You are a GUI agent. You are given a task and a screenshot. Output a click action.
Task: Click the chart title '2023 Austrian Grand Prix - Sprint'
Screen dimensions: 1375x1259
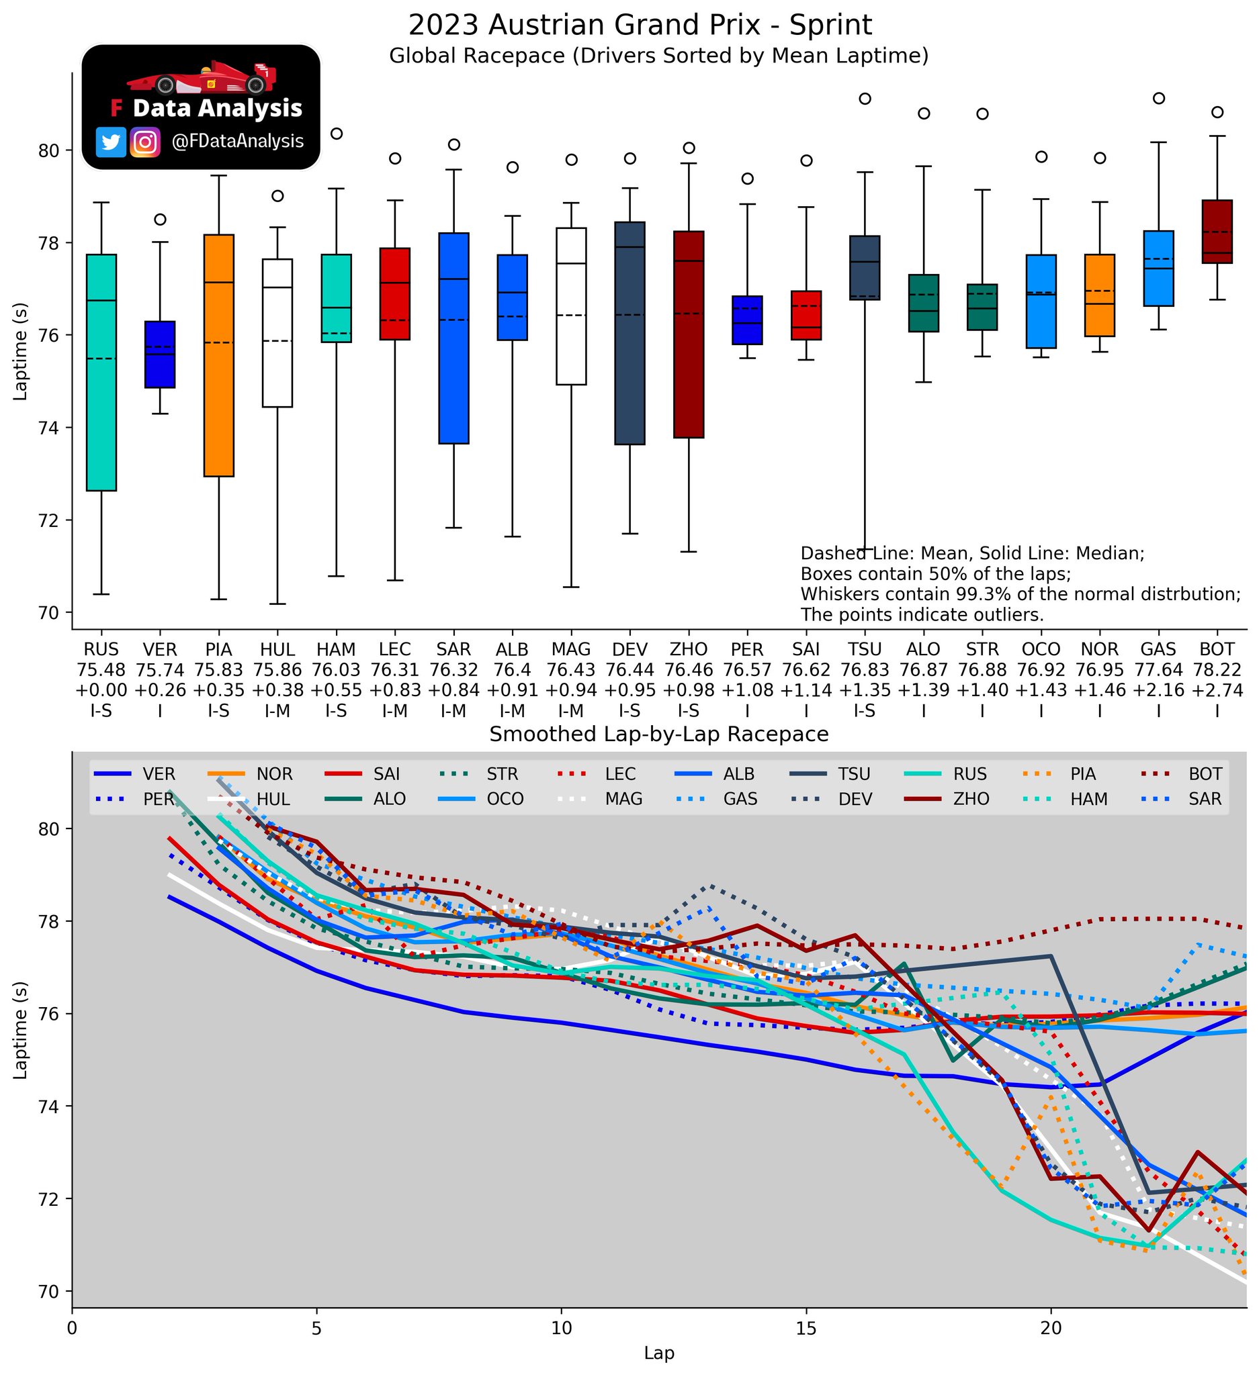click(x=640, y=26)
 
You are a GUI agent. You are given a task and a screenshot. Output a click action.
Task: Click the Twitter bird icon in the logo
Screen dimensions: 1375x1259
click(x=111, y=142)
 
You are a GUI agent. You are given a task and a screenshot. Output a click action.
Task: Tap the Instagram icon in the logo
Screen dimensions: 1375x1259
click(x=144, y=142)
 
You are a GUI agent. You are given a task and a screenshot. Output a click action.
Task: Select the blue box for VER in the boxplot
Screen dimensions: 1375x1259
click(x=160, y=354)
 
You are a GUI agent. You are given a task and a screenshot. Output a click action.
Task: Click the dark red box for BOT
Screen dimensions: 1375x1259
click(x=1217, y=231)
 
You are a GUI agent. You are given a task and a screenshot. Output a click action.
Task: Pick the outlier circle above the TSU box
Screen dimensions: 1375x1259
click(x=865, y=98)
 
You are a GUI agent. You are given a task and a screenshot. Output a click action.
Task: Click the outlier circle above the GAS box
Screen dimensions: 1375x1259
click(x=1158, y=97)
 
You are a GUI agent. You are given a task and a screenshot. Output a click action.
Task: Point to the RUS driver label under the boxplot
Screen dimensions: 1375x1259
click(x=101, y=649)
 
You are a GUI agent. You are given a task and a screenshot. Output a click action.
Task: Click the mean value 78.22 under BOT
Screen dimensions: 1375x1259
click(x=1217, y=670)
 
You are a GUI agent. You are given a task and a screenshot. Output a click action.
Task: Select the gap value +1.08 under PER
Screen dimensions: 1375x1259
click(x=747, y=690)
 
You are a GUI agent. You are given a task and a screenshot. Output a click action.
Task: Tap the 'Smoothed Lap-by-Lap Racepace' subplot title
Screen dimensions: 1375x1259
click(x=658, y=734)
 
